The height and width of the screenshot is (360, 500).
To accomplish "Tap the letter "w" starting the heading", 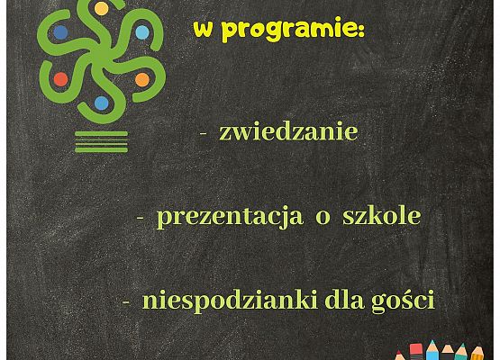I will pos(203,29).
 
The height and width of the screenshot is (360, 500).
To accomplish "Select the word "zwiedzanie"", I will pos(288,132).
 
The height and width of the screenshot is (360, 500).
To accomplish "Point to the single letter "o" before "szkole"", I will pos(322,219).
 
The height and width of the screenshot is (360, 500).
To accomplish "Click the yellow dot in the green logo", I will pos(101,9).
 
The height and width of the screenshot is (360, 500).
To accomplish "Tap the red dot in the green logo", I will pos(60,79).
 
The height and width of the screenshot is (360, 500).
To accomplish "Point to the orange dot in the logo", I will pos(141,79).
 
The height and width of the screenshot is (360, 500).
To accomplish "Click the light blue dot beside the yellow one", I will pos(141,32).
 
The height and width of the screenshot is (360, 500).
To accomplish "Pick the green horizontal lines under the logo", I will pos(101,139).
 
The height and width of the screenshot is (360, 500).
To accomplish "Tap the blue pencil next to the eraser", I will pos(432,350).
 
